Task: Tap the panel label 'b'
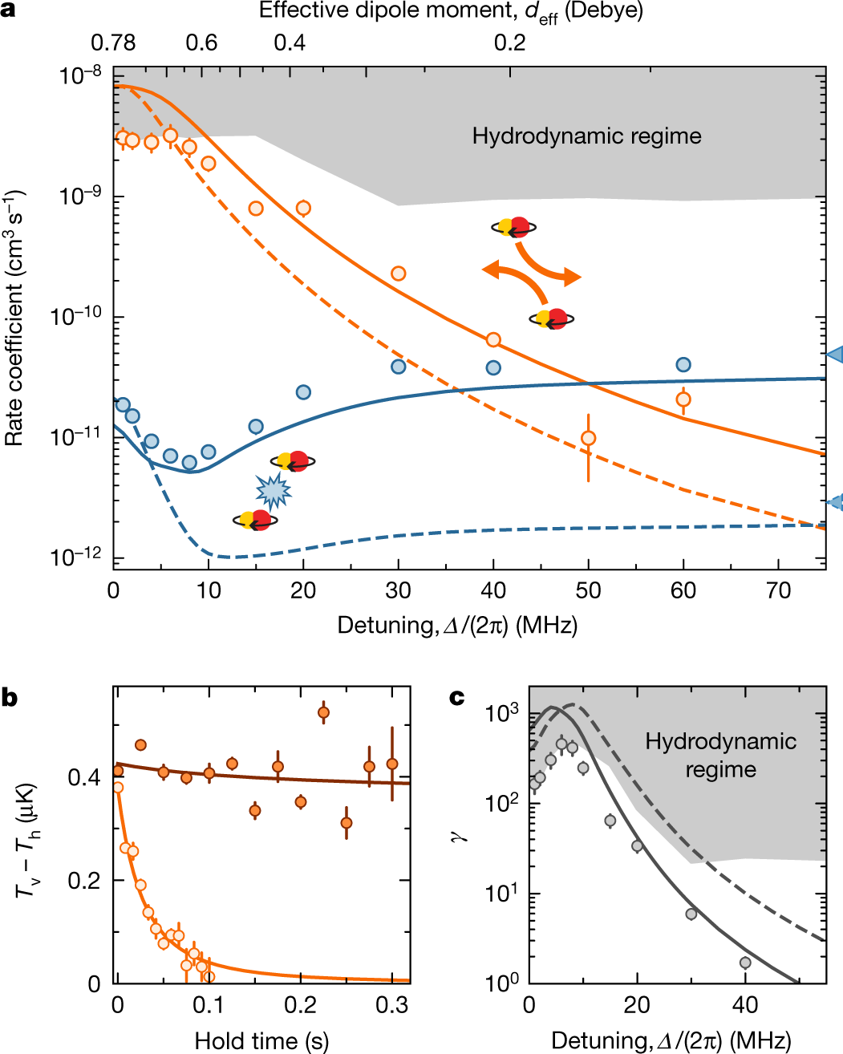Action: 9,697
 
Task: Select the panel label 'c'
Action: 456,697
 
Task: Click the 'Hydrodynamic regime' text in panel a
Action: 586,136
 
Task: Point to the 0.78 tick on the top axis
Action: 113,43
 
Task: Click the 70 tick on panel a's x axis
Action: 778,591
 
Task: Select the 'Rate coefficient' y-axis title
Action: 14,318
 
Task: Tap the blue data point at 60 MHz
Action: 683,365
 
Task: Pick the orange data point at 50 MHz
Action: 589,438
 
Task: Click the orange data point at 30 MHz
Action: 398,274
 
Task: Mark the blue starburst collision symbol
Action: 273,491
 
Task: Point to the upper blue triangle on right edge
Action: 835,354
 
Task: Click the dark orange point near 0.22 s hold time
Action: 323,712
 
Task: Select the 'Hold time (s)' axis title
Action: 261,1040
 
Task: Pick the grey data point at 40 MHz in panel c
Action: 745,963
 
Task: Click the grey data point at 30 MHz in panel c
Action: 691,914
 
